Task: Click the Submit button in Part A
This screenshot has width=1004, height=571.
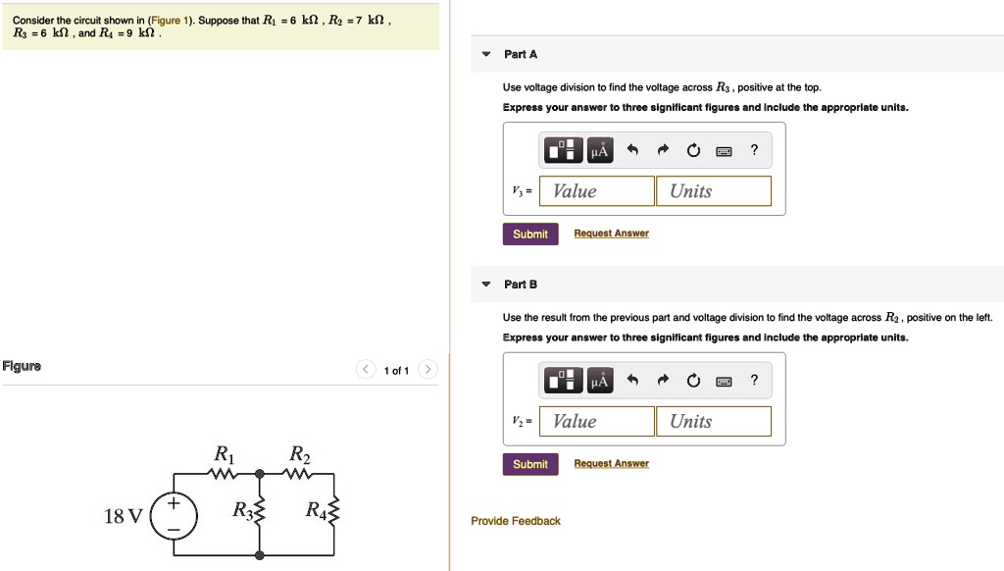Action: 530,234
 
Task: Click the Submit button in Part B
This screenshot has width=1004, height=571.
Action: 530,464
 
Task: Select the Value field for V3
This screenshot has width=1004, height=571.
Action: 597,191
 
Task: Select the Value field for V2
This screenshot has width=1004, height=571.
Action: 597,422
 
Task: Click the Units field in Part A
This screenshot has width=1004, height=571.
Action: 714,191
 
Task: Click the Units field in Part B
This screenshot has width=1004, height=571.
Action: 714,422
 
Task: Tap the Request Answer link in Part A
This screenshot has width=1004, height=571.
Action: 611,234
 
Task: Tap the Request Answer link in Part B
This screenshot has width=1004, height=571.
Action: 611,463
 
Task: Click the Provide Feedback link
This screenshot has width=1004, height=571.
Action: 516,521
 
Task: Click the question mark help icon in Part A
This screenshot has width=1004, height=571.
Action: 754,150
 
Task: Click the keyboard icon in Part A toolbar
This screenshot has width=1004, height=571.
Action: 724,151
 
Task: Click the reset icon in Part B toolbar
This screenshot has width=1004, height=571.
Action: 694,381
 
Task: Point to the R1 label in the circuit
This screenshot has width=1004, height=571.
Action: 224,455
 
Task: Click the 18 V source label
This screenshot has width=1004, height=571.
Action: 124,516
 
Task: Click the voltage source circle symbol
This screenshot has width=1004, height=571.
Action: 175,516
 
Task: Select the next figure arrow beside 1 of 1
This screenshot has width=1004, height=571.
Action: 427,370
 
